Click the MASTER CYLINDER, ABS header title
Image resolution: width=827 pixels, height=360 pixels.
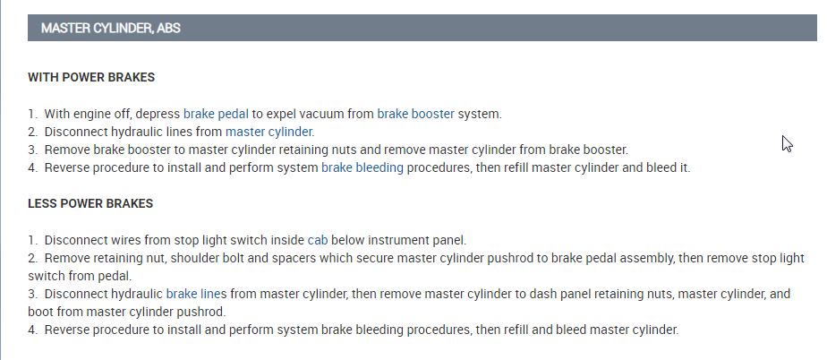[x=111, y=29]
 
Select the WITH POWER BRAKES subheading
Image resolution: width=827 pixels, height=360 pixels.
[x=91, y=78]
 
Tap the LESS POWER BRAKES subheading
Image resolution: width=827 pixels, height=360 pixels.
[x=90, y=203]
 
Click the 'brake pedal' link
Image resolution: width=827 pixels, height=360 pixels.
[x=216, y=114]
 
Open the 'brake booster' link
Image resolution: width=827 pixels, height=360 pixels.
[x=415, y=114]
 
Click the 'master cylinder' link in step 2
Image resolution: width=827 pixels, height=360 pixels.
[x=269, y=132]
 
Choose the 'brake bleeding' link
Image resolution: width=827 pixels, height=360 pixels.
[x=362, y=167]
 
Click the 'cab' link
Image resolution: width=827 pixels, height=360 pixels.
[x=318, y=240]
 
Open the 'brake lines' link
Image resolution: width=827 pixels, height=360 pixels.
[x=196, y=294]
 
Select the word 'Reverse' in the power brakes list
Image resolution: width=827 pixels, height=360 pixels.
[x=67, y=167]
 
